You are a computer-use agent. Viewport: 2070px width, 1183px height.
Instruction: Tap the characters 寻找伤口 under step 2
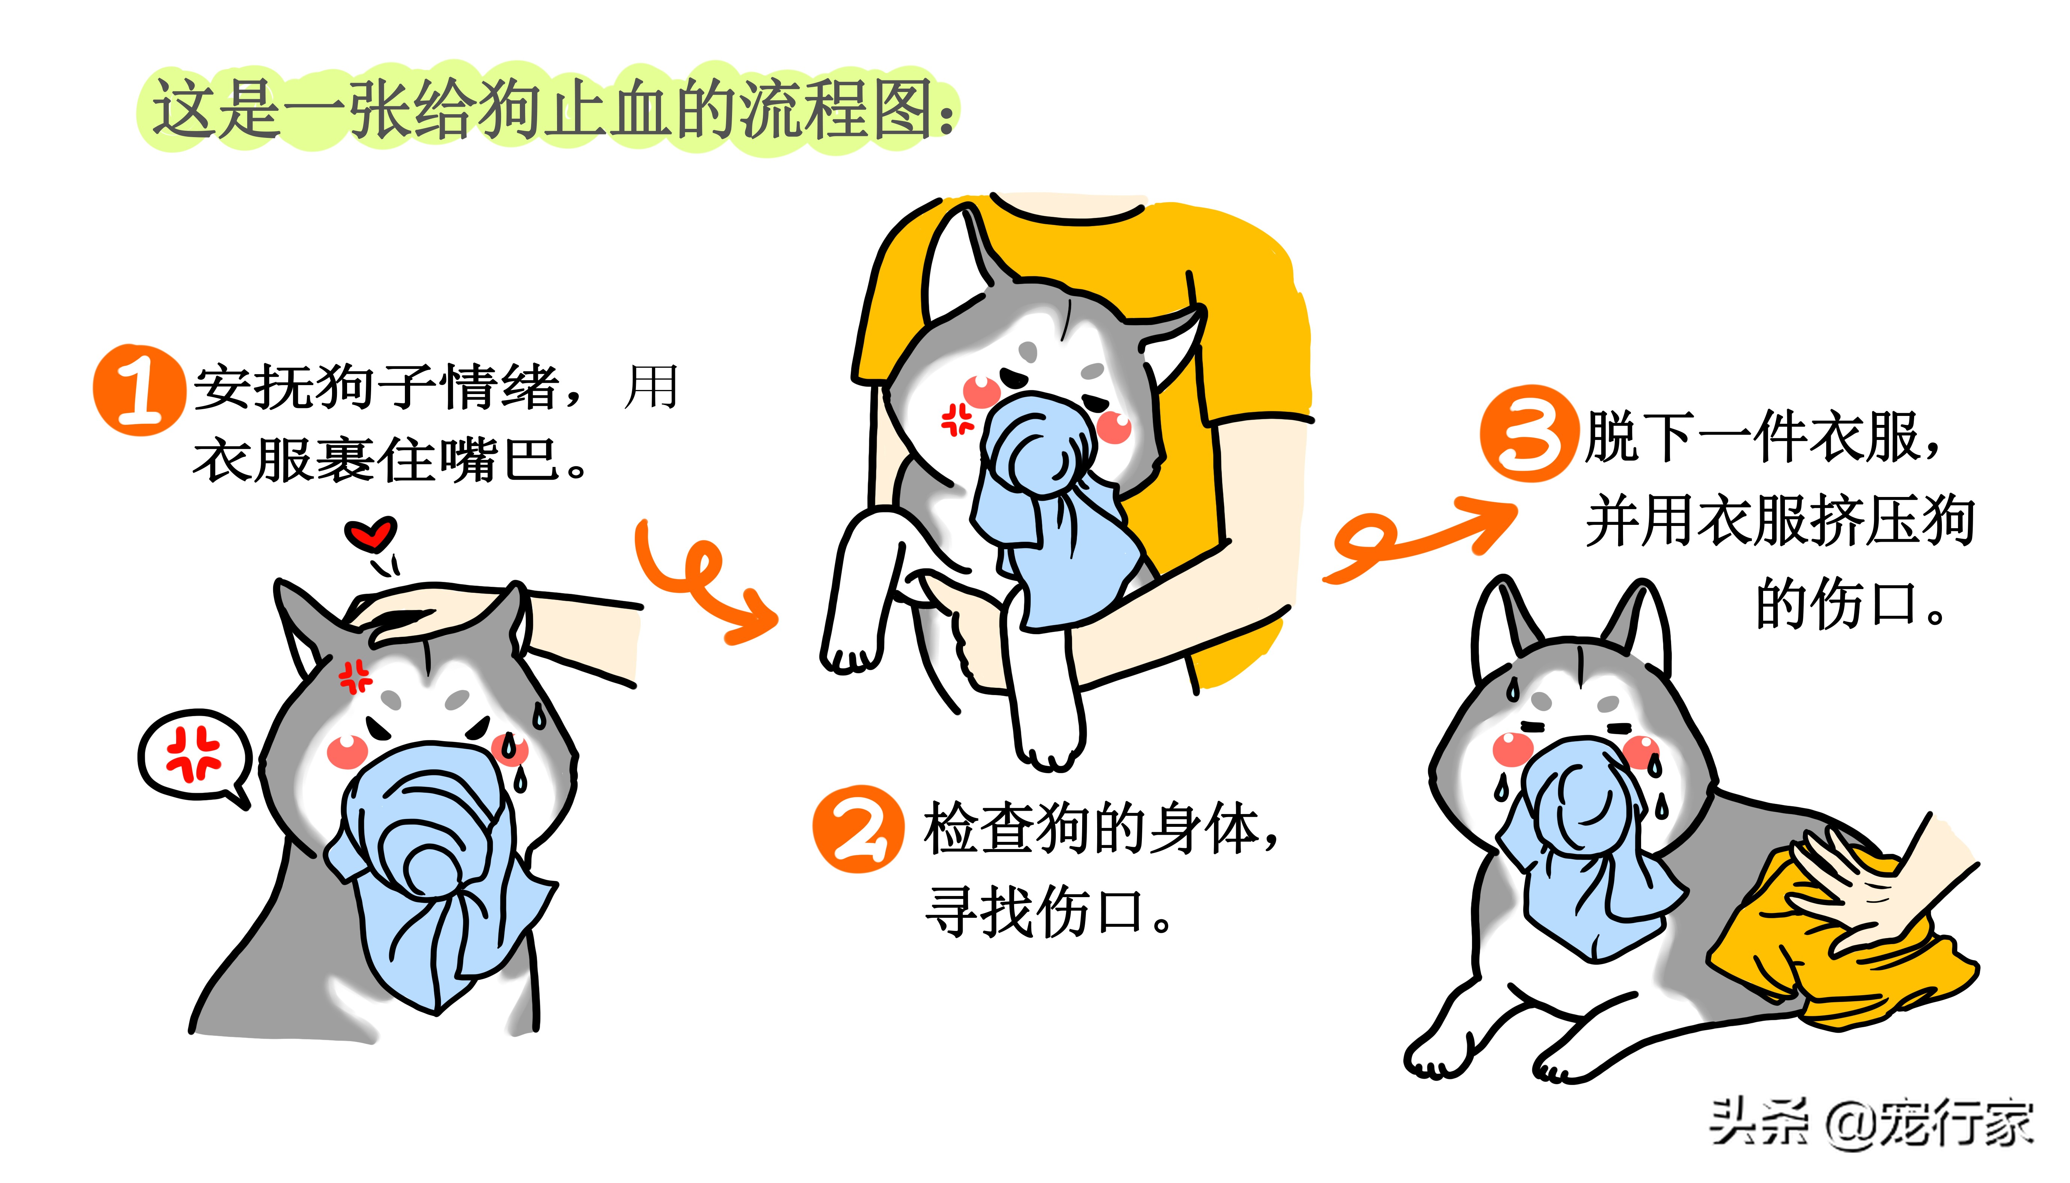coord(1048,912)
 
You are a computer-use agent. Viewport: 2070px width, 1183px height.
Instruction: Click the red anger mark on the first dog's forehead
coord(355,676)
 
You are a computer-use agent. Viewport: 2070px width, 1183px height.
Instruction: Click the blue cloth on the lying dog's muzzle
coord(1584,845)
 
